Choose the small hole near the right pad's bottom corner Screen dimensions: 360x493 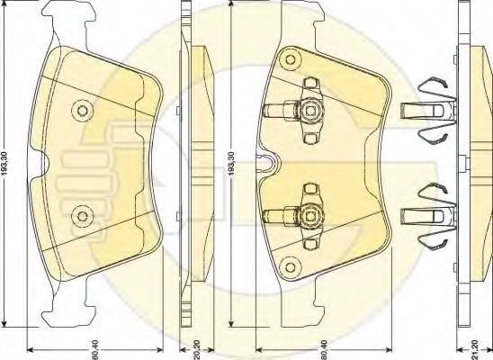pyautogui.click(x=291, y=265)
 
